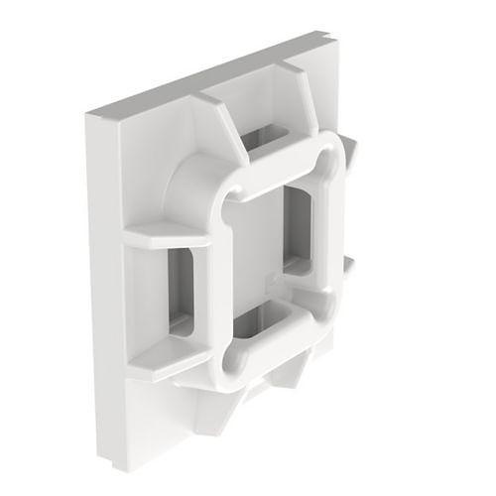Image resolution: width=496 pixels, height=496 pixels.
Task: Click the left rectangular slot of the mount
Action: [185, 288]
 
